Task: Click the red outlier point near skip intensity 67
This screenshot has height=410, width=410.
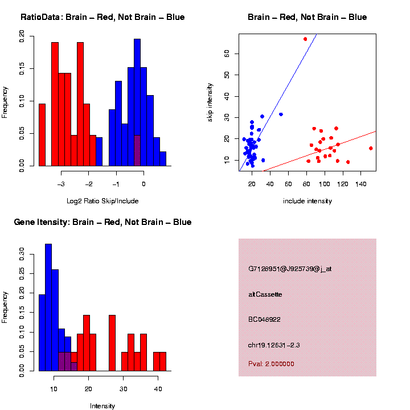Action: click(305, 39)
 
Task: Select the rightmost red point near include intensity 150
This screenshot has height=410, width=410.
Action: click(371, 148)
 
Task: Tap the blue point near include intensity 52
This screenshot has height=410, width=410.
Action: click(281, 114)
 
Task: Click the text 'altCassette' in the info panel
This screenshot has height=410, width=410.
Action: click(265, 294)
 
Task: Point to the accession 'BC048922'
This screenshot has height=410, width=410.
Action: click(265, 319)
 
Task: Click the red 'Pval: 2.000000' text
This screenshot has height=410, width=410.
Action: click(271, 363)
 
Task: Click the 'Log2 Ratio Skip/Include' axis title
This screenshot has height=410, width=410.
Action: click(102, 200)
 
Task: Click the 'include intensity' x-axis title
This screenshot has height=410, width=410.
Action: click(307, 200)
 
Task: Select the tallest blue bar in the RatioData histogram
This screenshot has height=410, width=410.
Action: click(137, 102)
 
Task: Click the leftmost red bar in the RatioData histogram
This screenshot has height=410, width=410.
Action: click(42, 134)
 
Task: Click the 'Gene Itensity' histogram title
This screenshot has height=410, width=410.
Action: click(102, 222)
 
